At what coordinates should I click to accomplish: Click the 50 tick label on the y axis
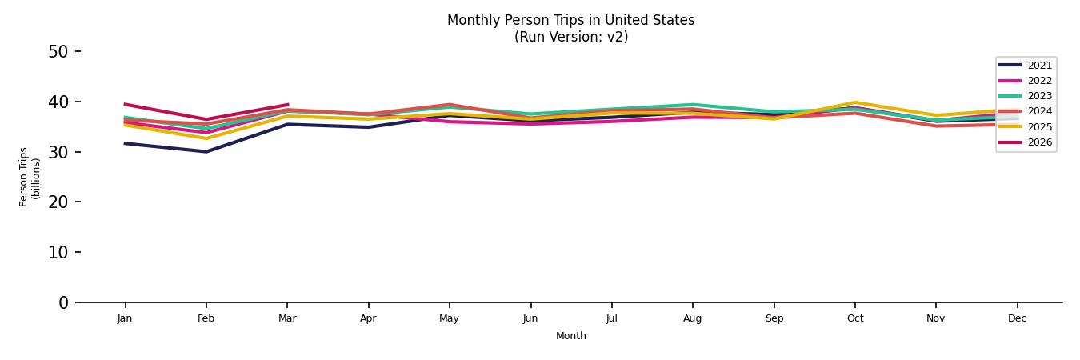coord(58,52)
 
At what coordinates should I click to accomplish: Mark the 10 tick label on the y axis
coord(58,252)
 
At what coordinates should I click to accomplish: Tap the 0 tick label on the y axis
coord(63,302)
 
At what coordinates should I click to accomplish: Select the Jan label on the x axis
coord(125,318)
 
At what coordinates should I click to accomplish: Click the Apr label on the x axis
coord(368,318)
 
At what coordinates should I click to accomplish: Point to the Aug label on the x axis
coord(693,318)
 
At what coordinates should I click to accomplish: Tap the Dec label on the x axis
coord(1017,318)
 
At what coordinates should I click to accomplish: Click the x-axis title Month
coord(571,336)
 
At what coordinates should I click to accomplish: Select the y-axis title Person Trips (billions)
coord(30,177)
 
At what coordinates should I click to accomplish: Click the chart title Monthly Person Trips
coord(570,20)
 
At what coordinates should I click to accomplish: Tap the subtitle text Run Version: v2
coord(570,37)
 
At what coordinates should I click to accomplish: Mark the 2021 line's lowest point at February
coord(206,151)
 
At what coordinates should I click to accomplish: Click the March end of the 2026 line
coord(287,105)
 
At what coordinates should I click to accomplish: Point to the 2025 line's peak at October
coord(855,102)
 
